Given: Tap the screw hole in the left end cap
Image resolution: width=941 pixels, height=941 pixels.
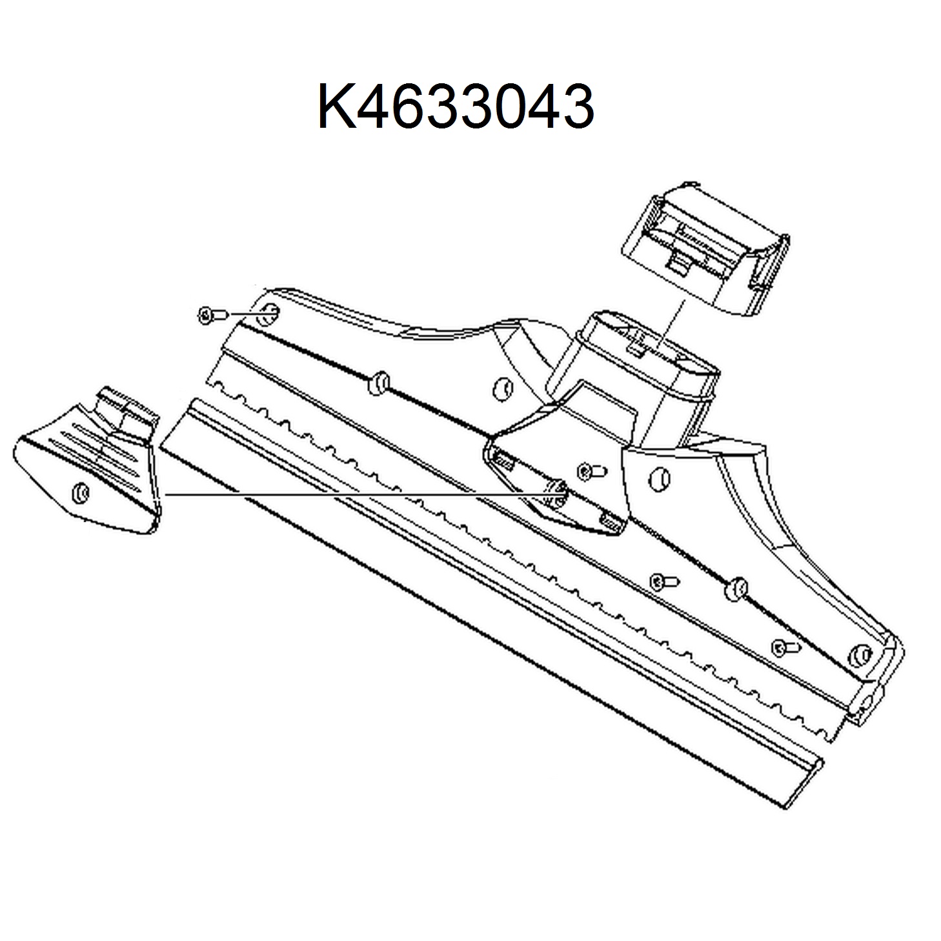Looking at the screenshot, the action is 80,492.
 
